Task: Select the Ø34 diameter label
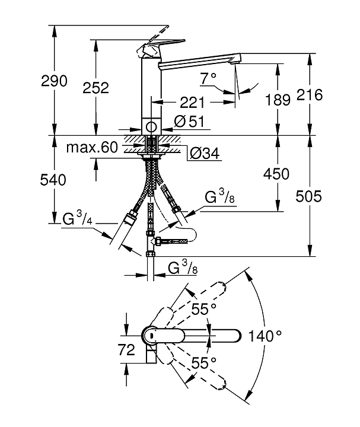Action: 205,154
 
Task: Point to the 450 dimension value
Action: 277,174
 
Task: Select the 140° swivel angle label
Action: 266,336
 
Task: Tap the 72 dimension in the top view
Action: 127,350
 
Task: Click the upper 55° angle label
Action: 203,308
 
